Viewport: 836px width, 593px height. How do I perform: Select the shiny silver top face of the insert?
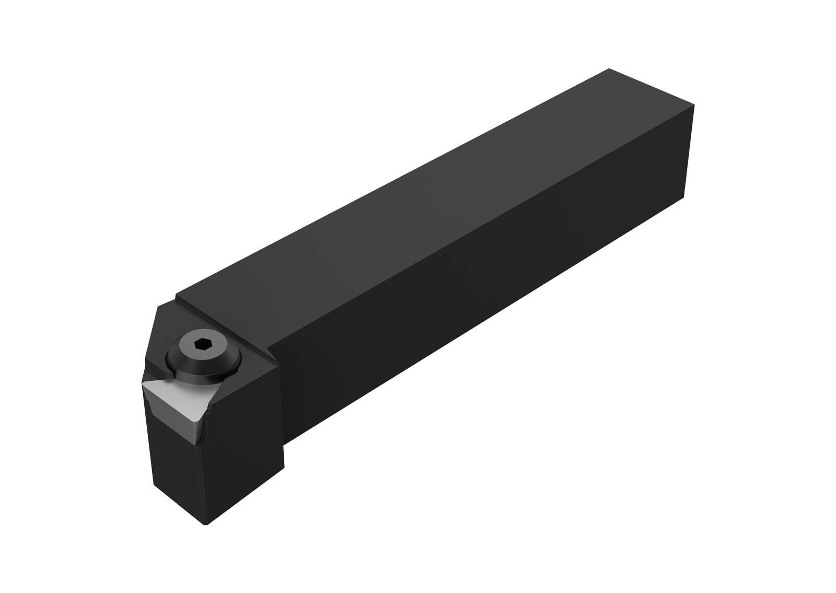pyautogui.click(x=178, y=398)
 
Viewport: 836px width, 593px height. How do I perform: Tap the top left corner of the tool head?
pyautogui.click(x=158, y=308)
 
